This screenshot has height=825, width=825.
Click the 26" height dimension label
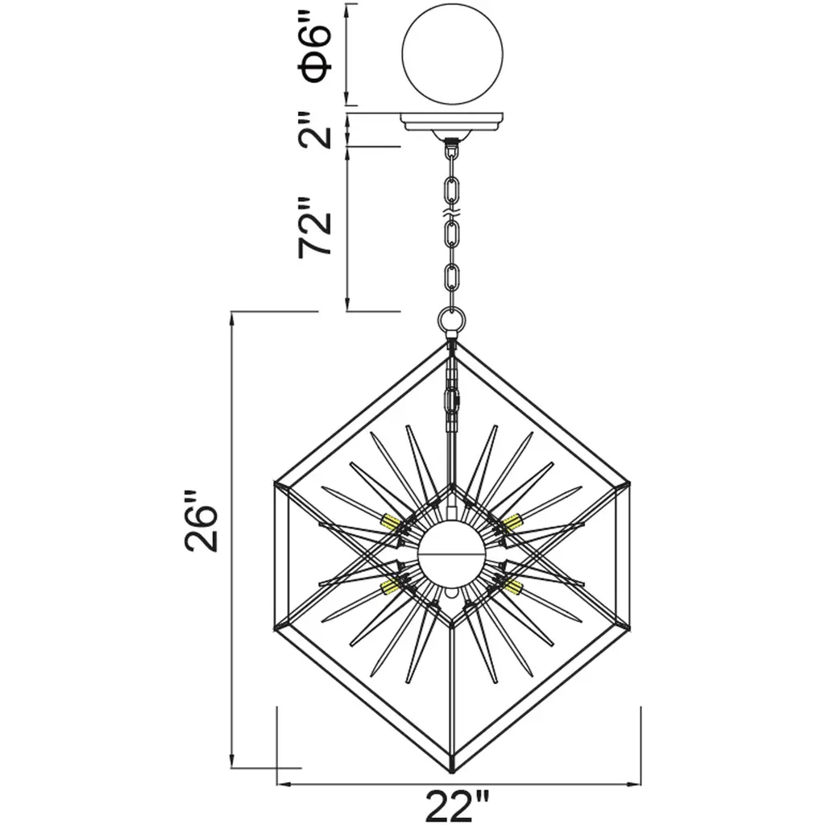(201, 521)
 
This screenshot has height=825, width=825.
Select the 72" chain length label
(315, 228)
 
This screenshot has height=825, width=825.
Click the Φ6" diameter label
(315, 46)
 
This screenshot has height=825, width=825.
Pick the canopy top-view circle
(452, 54)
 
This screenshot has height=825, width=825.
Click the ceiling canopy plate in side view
(452, 124)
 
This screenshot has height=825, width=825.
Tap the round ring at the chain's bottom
(452, 320)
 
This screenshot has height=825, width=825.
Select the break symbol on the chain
(452, 214)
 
